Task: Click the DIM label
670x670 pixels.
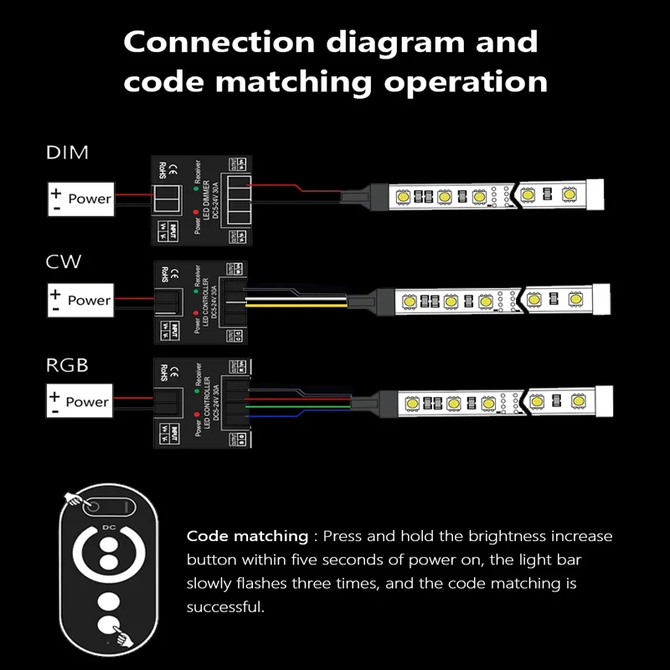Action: tap(67, 153)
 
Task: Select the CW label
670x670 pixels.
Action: tap(64, 262)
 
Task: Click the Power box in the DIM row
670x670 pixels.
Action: tap(79, 198)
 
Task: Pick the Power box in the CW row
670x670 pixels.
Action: tap(79, 300)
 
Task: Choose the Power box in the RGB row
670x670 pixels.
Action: tap(79, 401)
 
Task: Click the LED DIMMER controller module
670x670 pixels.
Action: tap(199, 199)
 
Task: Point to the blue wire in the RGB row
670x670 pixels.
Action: tap(310, 415)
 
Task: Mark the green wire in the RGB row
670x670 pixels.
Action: tap(310, 409)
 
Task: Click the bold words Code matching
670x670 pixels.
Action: tap(247, 536)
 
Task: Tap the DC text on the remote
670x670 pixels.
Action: tap(106, 528)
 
